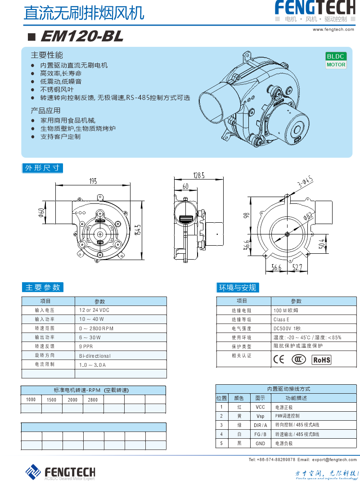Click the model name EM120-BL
(x=81, y=36)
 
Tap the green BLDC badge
(x=336, y=56)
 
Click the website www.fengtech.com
(x=333, y=29)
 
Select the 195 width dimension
(x=93, y=181)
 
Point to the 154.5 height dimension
(x=139, y=229)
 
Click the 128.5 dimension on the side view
(x=198, y=175)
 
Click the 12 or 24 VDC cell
(x=94, y=310)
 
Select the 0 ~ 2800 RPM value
(x=96, y=328)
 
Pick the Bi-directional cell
(x=94, y=355)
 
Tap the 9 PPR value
(x=86, y=346)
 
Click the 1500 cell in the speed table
(x=52, y=400)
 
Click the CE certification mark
(x=279, y=360)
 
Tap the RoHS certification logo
(x=321, y=360)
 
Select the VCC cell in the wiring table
(x=260, y=407)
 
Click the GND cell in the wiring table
(x=260, y=443)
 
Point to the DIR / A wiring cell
(x=260, y=425)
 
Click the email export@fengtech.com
(x=334, y=459)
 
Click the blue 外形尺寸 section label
(x=42, y=168)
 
